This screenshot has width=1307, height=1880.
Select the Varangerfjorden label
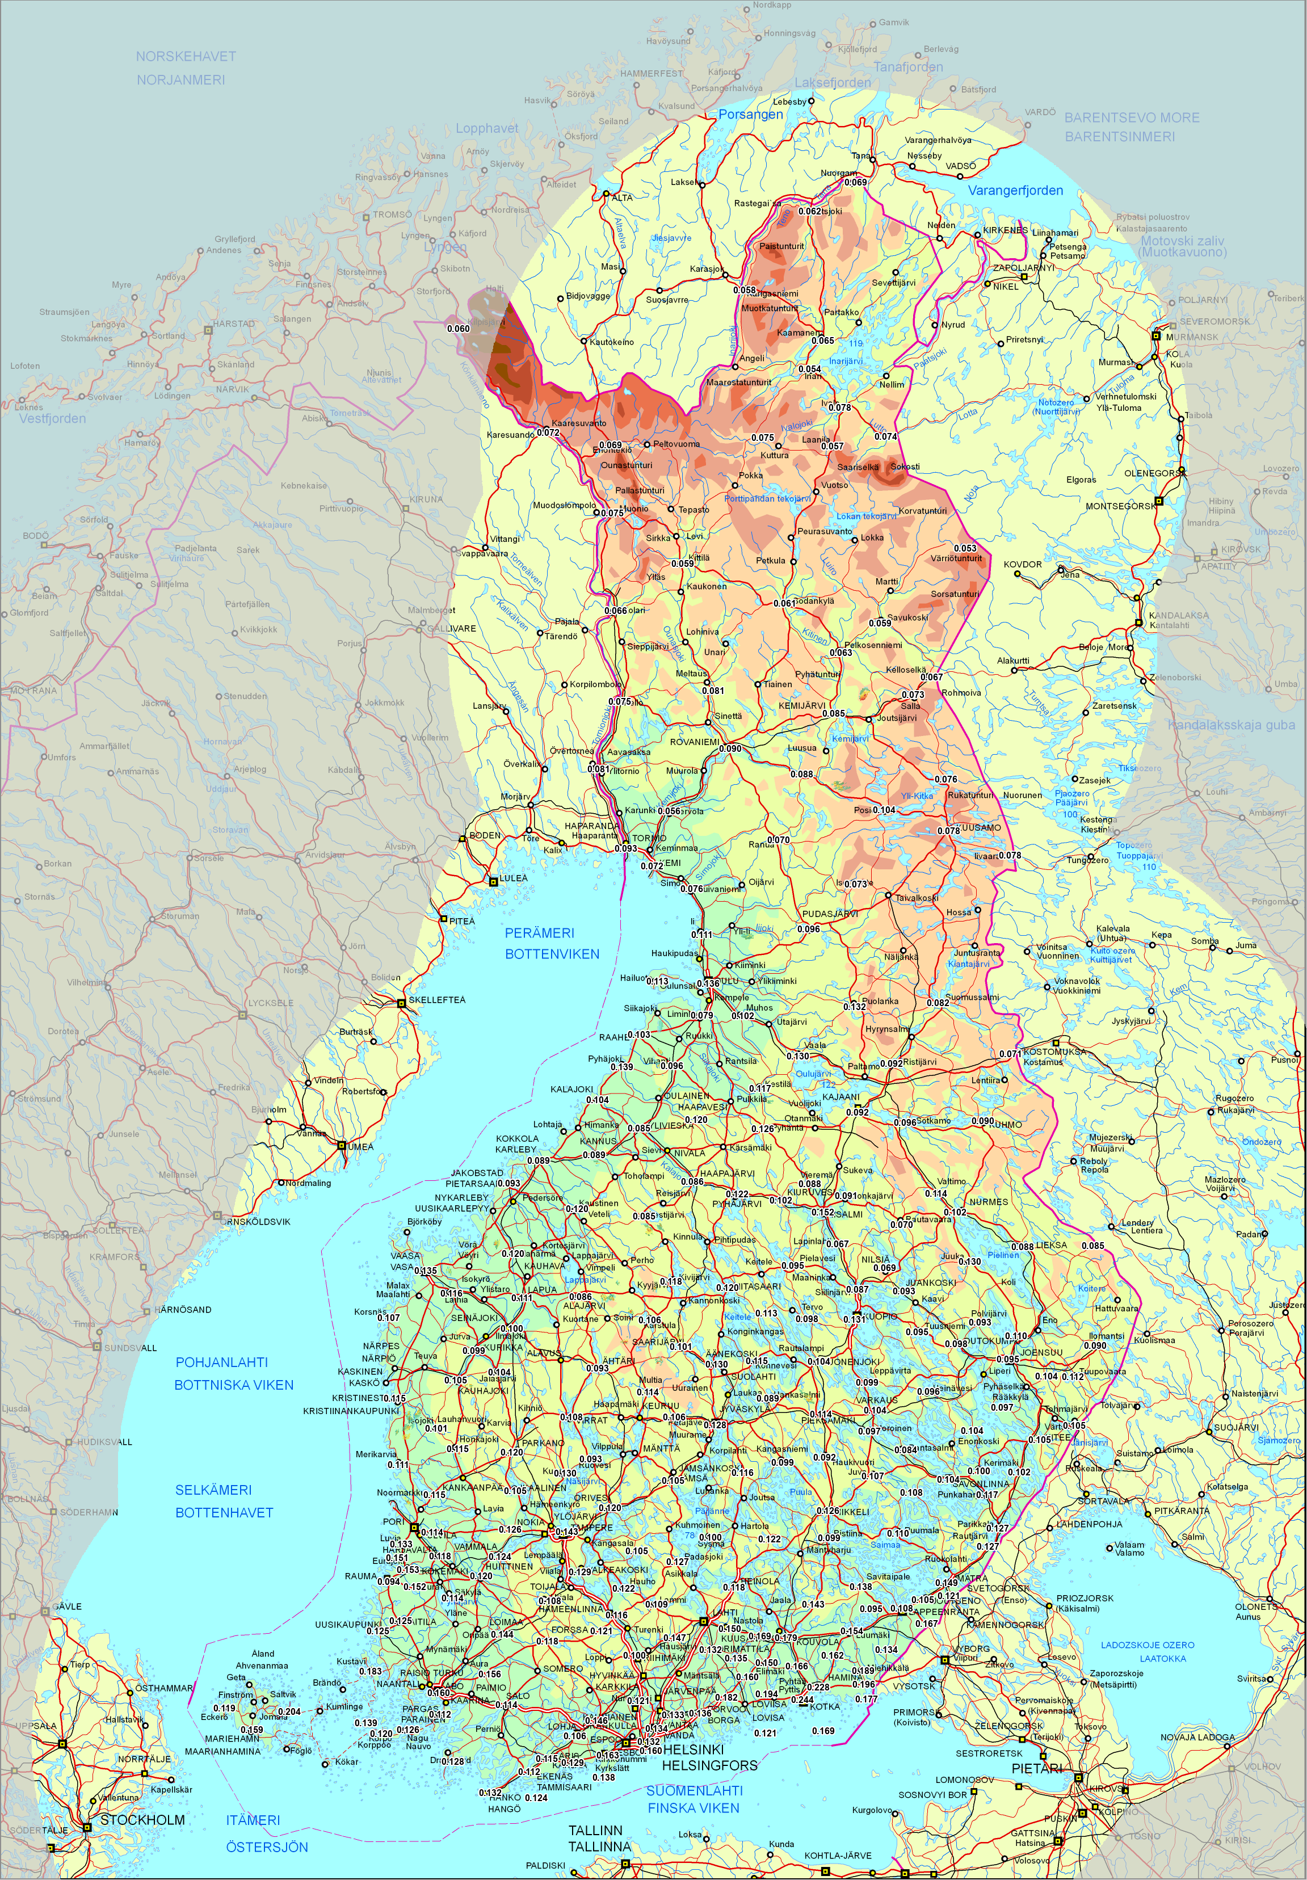(1015, 191)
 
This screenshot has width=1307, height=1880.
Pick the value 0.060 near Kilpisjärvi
(459, 329)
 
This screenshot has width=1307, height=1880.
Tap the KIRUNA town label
(426, 499)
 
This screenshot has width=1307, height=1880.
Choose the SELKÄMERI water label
(214, 1490)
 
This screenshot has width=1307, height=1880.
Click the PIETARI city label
(1036, 1769)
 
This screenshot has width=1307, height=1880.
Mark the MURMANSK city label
(1192, 337)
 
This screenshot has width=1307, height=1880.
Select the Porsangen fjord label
(750, 115)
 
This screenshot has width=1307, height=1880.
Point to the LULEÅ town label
(514, 878)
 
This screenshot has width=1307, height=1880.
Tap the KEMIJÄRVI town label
(802, 705)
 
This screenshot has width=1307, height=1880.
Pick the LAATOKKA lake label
(1163, 1658)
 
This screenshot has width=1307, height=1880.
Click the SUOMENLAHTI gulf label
(695, 1790)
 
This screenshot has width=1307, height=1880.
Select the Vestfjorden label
(52, 418)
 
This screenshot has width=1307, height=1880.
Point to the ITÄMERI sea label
(253, 1819)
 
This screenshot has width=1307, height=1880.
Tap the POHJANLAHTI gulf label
(222, 1362)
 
